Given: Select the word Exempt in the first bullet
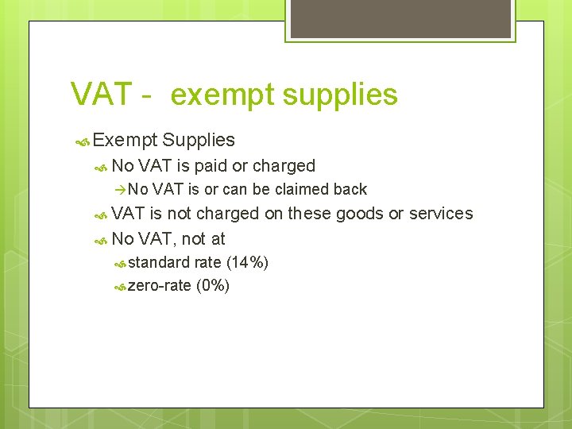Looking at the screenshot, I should (x=125, y=141).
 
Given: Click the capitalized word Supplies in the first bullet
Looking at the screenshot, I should (x=199, y=141).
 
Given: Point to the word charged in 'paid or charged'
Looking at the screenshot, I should (x=284, y=166).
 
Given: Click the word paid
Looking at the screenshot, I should (x=211, y=166).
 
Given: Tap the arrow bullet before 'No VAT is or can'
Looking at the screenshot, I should (x=120, y=189).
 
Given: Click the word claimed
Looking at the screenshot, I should (x=303, y=189).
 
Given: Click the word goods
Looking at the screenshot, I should (x=362, y=214).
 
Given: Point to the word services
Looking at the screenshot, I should (x=441, y=214).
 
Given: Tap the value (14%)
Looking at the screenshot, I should (x=247, y=262).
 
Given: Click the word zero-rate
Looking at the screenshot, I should (x=159, y=286).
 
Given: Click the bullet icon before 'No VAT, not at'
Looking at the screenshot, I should (x=101, y=238).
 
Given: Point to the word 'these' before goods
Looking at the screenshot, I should (x=307, y=214).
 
